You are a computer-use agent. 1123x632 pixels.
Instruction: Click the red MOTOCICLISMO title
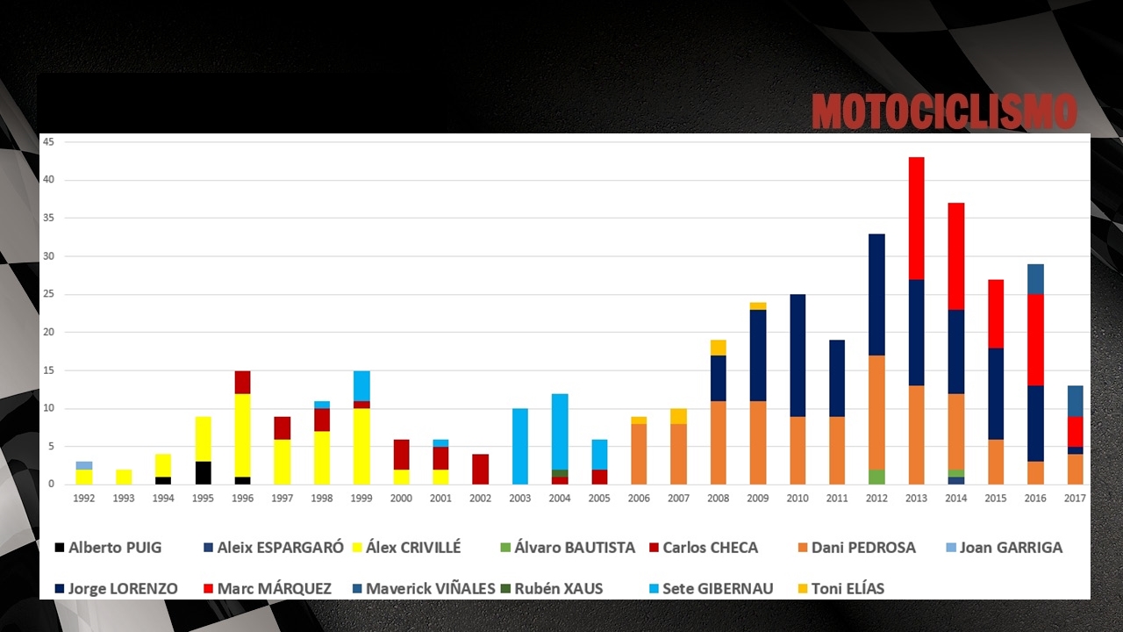(x=944, y=111)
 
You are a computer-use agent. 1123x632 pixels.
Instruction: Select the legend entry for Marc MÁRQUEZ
(x=268, y=588)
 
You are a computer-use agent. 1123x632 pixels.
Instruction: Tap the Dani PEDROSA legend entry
(x=857, y=547)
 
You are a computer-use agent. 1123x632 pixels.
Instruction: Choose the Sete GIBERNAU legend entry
(x=712, y=588)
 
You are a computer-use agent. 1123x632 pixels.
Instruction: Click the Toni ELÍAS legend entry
(x=841, y=588)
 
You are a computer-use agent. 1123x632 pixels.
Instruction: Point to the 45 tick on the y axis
(x=48, y=142)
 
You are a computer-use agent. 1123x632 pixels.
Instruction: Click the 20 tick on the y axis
(x=48, y=332)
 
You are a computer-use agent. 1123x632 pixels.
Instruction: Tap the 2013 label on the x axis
(x=917, y=498)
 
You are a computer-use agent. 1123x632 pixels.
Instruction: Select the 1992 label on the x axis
(x=83, y=498)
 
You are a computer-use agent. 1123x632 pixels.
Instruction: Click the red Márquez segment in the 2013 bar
(x=917, y=219)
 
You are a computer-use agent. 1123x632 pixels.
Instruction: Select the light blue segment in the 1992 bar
(x=83, y=465)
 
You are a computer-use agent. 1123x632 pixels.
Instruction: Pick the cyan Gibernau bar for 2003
(x=520, y=447)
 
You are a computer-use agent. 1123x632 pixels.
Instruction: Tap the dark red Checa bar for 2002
(x=480, y=470)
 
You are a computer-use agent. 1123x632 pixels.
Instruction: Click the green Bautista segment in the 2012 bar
(x=876, y=477)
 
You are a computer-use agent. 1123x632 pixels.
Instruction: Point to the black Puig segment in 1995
(x=203, y=473)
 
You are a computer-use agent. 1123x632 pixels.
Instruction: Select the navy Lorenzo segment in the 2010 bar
(x=798, y=355)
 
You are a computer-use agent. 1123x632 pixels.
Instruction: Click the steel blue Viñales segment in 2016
(x=1036, y=279)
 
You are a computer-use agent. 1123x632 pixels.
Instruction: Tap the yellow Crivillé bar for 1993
(x=124, y=477)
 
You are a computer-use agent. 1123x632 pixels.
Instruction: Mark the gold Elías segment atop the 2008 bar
(x=718, y=348)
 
